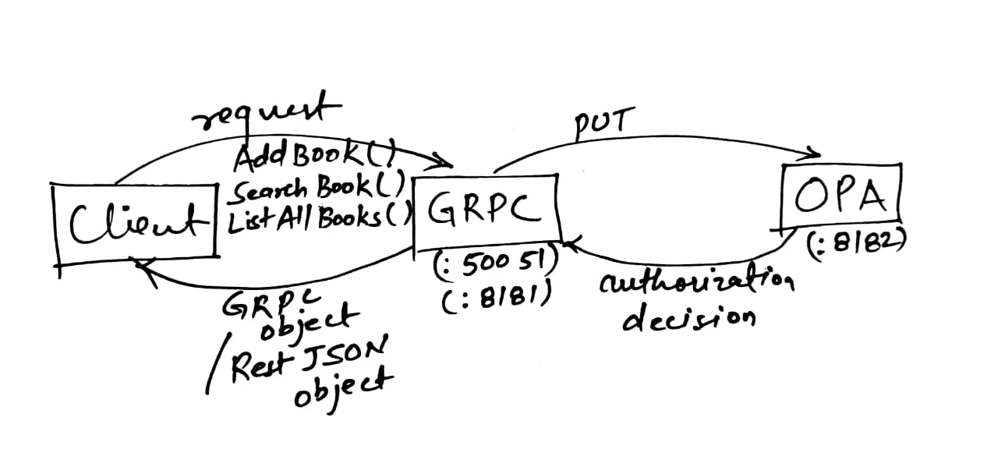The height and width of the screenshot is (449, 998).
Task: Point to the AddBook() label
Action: click(x=315, y=157)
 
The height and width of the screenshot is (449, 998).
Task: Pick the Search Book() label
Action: click(x=315, y=187)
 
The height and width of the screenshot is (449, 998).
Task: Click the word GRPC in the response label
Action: click(x=251, y=302)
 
